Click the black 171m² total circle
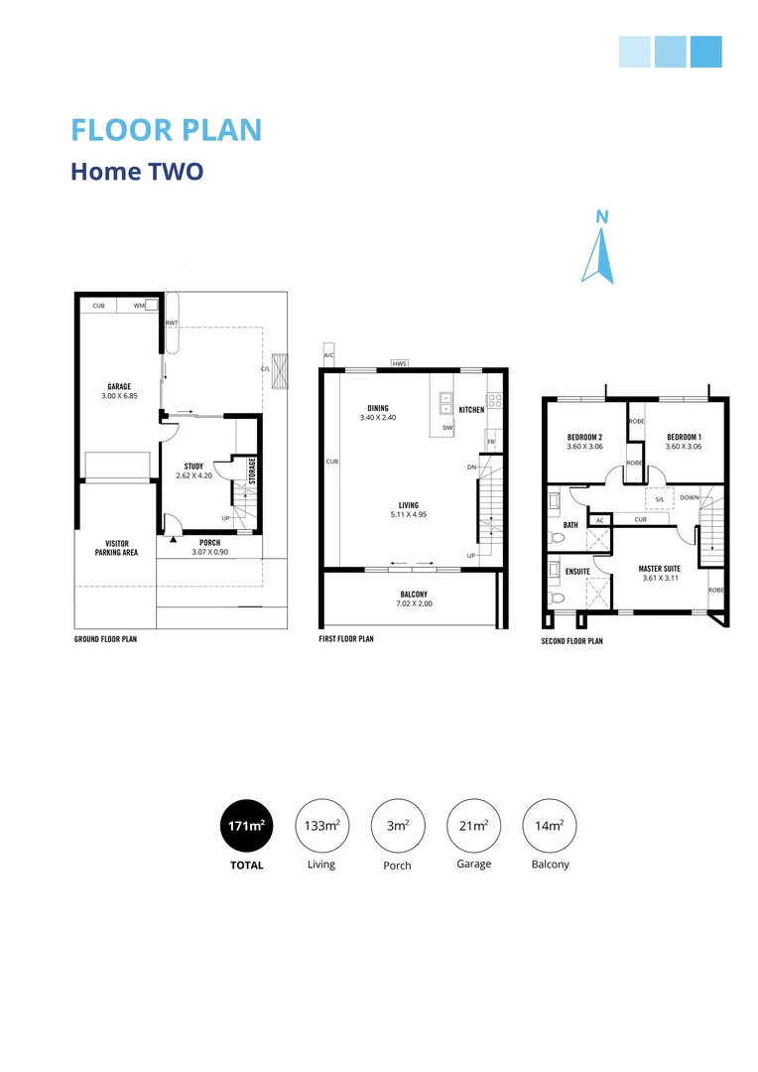[247, 827]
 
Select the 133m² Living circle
[321, 827]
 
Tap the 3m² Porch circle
[398, 827]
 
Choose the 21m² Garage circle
[473, 827]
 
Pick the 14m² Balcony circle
[550, 827]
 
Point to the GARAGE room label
[120, 387]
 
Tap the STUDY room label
[194, 466]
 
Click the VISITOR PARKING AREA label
[116, 548]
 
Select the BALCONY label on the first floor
[414, 595]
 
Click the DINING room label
[378, 408]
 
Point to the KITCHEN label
[471, 409]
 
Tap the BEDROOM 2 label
[584, 437]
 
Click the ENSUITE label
[578, 572]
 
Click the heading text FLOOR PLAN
[167, 130]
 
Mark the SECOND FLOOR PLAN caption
[572, 641]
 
